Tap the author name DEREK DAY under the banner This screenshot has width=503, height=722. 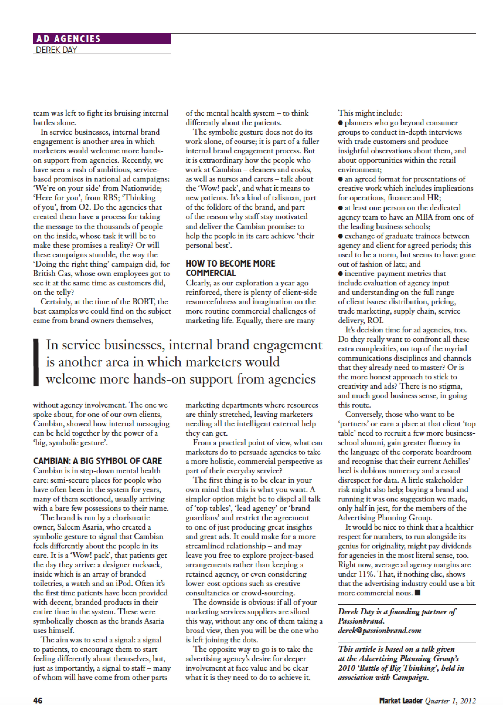click(57, 50)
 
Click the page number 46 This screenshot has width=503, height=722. click(38, 701)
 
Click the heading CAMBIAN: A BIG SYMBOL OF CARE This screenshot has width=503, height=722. click(97, 461)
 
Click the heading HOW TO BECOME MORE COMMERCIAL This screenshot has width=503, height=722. click(230, 268)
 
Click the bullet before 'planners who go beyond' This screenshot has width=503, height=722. click(340, 123)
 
